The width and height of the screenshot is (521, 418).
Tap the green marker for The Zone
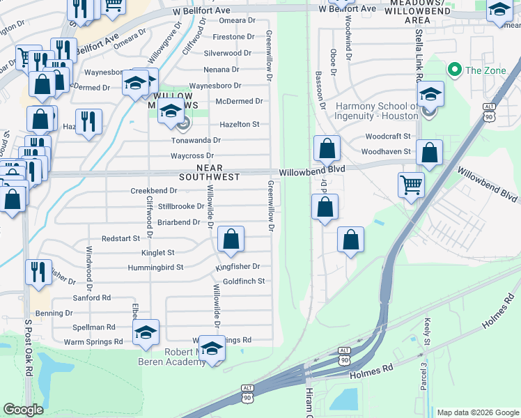[x=455, y=70]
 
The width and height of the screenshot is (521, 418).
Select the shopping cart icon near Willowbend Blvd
[x=411, y=185]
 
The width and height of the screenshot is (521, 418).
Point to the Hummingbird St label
[x=155, y=267]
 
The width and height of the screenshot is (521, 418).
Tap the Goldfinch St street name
[x=244, y=281]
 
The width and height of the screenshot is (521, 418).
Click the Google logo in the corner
[x=23, y=410]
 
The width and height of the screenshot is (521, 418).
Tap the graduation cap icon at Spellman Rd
[x=146, y=332]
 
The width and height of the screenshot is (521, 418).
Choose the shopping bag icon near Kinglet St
[x=231, y=239]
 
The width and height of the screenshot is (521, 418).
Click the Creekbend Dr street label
[x=154, y=191]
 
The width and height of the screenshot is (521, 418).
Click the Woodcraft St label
[x=388, y=137]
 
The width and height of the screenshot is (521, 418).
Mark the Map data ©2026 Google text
[x=477, y=412]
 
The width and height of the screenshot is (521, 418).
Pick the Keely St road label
[x=426, y=331]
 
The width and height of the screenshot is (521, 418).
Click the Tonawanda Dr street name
[x=196, y=140]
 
